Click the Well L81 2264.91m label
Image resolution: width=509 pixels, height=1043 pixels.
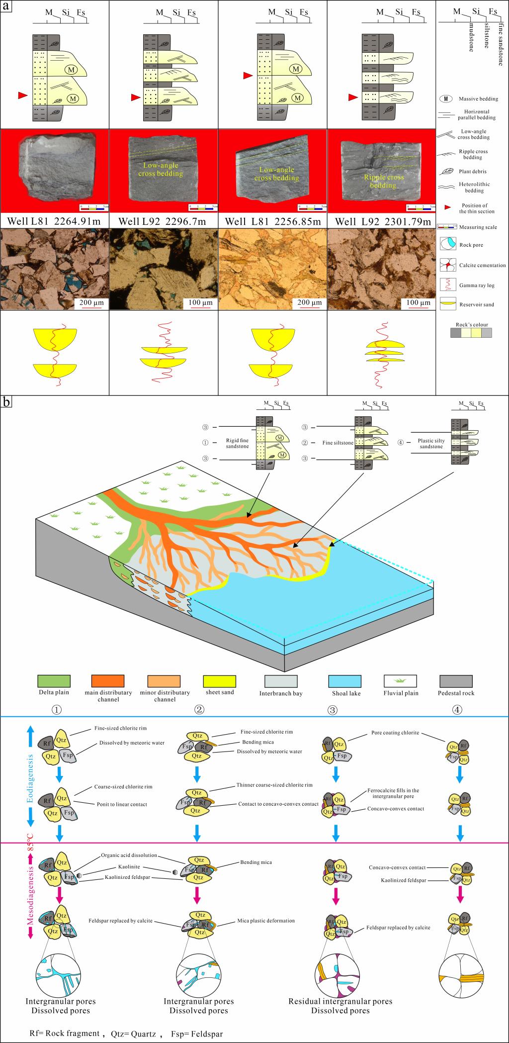(x=54, y=221)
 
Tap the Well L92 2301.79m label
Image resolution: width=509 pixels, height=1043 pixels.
(x=383, y=221)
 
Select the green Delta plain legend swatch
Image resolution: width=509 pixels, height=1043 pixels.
(x=54, y=681)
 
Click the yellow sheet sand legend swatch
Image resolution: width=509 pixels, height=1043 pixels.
(x=220, y=681)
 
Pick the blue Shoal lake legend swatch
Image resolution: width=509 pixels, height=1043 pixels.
(x=345, y=681)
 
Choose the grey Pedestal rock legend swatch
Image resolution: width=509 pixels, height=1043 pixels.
(x=456, y=681)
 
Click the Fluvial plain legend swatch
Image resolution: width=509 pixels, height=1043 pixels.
(x=400, y=681)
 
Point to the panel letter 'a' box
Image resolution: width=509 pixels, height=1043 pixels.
(x=6, y=6)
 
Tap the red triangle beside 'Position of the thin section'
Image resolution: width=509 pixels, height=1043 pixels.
(x=446, y=206)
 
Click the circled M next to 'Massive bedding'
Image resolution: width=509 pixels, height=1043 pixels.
(x=446, y=98)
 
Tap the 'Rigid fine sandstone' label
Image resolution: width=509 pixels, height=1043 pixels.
(x=236, y=443)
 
